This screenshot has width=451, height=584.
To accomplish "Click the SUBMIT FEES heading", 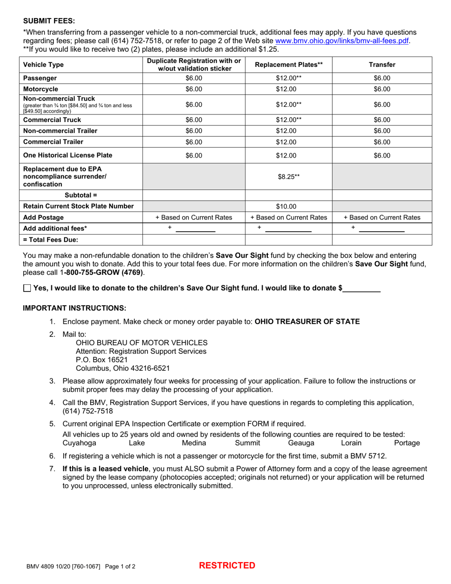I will tap(49, 21).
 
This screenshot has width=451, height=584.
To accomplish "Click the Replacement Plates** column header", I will tap(288, 65).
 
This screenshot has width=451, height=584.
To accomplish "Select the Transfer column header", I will tap(382, 65).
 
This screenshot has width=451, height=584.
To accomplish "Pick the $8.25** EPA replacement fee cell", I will tap(288, 177).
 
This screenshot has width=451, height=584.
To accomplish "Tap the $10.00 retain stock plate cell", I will tap(288, 207).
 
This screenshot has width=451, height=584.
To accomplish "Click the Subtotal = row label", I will tap(80, 195).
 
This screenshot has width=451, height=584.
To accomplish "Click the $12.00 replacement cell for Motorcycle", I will tap(288, 89).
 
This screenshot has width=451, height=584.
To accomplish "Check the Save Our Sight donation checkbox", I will tap(27, 288).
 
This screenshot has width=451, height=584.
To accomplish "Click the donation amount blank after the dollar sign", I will tap(362, 288).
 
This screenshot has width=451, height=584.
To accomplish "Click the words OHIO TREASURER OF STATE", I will tap(307, 321).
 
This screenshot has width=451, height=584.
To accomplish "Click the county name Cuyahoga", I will tap(79, 443).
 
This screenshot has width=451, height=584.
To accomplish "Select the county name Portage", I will tap(407, 443).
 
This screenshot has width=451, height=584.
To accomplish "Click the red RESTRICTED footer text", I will tap(227, 565).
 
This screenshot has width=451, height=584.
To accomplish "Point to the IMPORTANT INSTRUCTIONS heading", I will tap(75, 308).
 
